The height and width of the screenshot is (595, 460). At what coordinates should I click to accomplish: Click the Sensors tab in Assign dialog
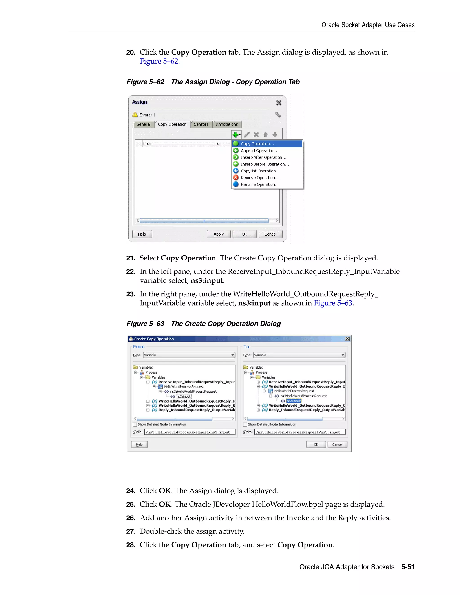tap(201, 124)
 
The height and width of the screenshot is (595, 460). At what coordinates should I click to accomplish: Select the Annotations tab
tap(227, 124)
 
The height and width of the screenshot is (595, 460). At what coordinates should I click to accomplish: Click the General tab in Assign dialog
tap(143, 124)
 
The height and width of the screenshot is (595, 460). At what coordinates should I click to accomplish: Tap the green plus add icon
tap(235, 134)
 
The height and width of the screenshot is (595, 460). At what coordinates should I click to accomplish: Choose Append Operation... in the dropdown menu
tap(259, 151)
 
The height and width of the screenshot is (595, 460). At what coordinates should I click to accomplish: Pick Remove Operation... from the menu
tap(260, 178)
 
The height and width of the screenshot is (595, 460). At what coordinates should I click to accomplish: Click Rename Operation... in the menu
tap(260, 184)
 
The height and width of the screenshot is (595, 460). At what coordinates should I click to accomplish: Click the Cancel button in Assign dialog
tap(270, 234)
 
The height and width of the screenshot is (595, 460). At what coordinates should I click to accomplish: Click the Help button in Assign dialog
tap(142, 234)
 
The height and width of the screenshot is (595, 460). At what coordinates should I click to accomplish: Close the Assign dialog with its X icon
tap(279, 103)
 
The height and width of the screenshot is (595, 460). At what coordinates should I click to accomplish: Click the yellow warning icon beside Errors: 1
tap(135, 115)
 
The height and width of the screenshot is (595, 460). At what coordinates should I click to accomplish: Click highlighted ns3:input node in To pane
tap(294, 401)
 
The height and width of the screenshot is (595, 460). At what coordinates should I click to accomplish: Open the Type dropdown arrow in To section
tap(343, 355)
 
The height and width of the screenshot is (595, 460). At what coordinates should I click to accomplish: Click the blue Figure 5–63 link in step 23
tap(333, 303)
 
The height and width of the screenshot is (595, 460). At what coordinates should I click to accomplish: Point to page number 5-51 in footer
tap(408, 567)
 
